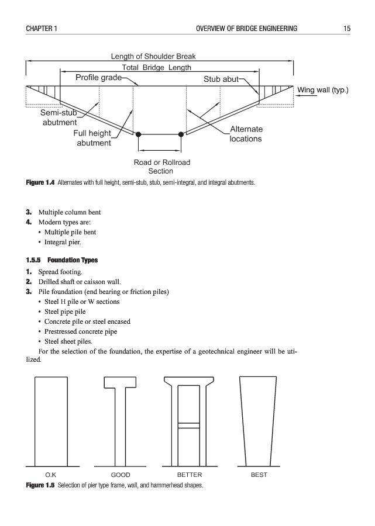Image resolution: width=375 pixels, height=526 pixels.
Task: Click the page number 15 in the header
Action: pos(347,28)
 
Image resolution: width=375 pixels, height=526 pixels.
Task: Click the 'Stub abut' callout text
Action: pos(221,79)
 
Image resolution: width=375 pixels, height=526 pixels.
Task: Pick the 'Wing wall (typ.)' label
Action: pos(323,90)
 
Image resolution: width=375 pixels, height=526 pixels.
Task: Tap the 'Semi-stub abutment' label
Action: pos(59,117)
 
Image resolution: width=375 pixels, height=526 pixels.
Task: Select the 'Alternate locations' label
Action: pos(246,134)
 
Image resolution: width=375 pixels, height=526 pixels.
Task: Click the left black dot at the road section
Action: pos(139,134)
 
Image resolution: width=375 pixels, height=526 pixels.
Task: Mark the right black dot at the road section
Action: pos(181,134)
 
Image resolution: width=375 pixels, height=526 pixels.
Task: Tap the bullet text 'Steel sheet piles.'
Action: pos(68,341)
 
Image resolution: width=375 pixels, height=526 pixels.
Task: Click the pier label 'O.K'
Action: pos(50,475)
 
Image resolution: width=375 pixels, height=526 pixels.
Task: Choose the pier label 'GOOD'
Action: pos(121,475)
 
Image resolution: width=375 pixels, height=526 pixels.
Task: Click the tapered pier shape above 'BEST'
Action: pos(259,421)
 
